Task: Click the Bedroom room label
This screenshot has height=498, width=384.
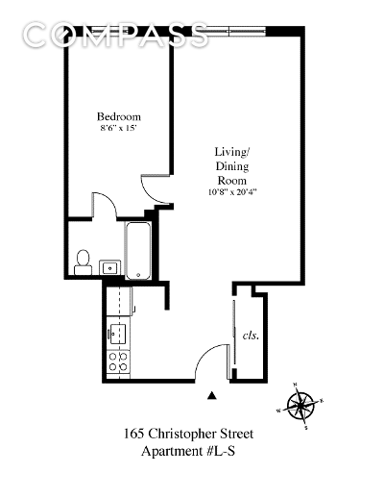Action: click(119, 116)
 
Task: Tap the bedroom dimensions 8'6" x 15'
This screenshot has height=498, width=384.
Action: click(119, 128)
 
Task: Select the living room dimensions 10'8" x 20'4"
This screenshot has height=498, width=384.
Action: click(232, 192)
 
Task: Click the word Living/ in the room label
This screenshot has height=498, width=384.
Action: click(231, 152)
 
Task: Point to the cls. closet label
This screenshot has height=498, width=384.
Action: click(251, 336)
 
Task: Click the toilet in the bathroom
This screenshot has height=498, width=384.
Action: click(84, 262)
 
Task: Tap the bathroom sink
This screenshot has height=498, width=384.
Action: click(110, 267)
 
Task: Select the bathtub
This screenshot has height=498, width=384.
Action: click(138, 251)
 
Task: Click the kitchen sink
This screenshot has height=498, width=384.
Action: click(118, 334)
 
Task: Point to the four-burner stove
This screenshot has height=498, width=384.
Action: click(118, 361)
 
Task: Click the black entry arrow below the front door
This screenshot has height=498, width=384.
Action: click(211, 395)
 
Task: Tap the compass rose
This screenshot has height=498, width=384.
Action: click(300, 406)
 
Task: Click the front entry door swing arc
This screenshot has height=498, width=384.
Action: click(204, 352)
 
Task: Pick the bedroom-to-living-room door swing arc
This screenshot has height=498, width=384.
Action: click(148, 195)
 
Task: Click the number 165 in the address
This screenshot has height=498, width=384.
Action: click(133, 434)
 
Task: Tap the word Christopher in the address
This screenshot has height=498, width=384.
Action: click(181, 435)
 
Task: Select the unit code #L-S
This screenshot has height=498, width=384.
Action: click(221, 451)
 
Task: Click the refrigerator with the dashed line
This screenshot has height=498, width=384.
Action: click(119, 301)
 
